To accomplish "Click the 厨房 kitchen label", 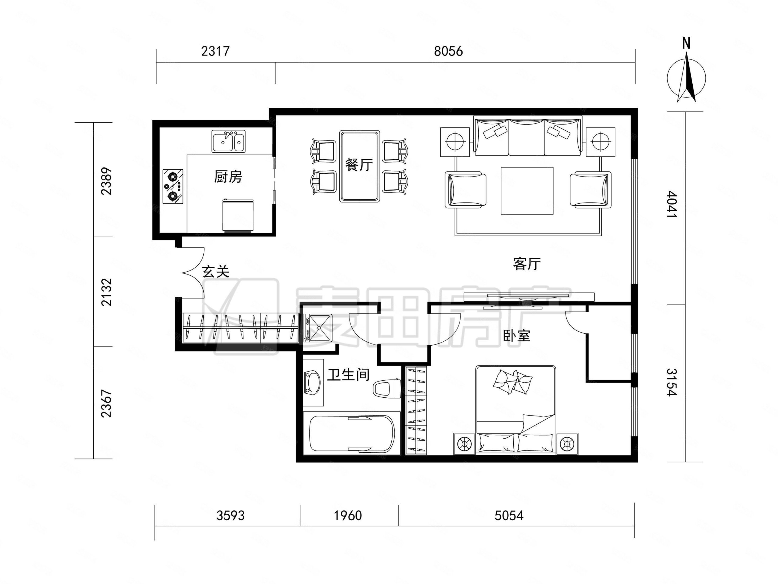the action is pos(228,177).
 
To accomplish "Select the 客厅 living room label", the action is pos(527,264).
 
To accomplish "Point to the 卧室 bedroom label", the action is pos(516,336).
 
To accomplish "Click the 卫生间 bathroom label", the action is pos(348,375).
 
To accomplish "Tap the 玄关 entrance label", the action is pos(216,271).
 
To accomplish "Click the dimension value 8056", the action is pos(448,51).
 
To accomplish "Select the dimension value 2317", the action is pos(215,51).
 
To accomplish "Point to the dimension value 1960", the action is pos(347,516).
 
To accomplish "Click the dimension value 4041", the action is pos(671,204).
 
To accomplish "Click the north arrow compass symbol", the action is pos(686,78).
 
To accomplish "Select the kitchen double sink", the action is pos(228,141).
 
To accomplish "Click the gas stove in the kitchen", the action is pos(173,186).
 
